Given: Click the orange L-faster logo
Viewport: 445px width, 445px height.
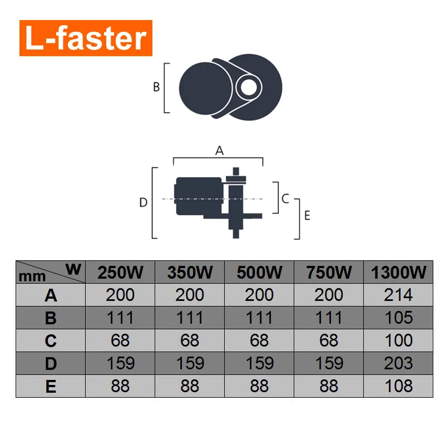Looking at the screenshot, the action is pos(86,38).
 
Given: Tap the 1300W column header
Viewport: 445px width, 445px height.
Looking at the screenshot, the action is pos(399,273).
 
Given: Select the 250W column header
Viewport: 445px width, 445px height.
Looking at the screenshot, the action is pos(120,273).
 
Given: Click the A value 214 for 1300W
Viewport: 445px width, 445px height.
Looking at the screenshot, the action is pos(399,295).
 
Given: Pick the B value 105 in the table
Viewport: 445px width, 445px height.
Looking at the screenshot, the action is pos(399,318).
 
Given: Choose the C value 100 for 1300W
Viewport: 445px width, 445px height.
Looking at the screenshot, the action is pos(399,340).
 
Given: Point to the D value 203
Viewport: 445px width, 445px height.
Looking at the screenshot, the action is pos(399,363).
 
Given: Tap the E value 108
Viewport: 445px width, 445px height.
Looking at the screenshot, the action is pos(399,386).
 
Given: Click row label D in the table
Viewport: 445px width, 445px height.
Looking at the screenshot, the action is pos(51,363).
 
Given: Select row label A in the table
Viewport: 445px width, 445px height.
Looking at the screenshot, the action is pos(51,295).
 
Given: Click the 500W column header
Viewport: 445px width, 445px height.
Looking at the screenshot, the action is pos(259,273).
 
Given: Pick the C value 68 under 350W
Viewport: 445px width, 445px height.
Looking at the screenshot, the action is pos(190,340).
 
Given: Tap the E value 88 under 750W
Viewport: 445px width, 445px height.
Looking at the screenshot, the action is pos(329,386).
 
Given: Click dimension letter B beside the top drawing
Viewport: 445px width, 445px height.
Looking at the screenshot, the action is pos(156,87).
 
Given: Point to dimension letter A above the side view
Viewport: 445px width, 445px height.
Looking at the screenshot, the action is pos(219,150).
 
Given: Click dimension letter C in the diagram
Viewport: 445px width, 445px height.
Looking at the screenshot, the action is pos(285,198).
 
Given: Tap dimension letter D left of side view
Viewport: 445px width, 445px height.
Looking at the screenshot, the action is pos(143,203).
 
